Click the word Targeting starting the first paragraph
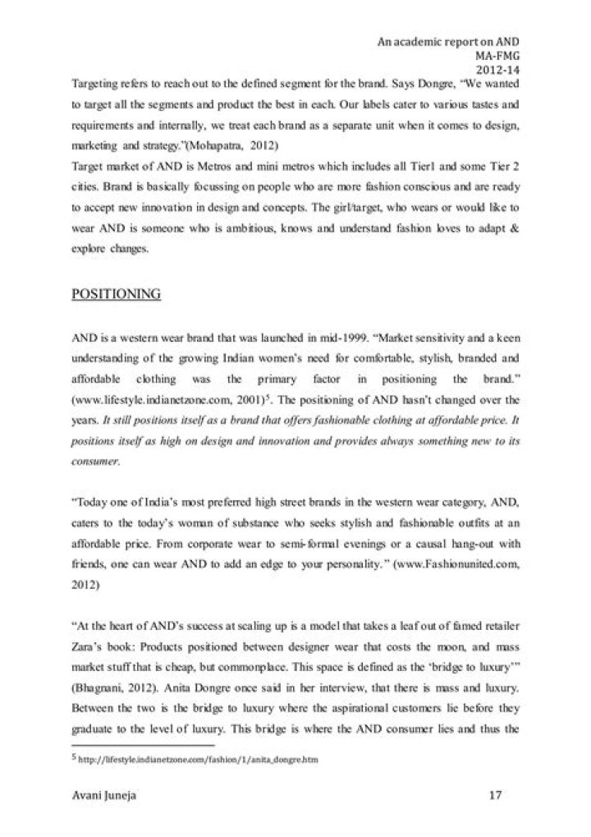click(96, 85)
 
